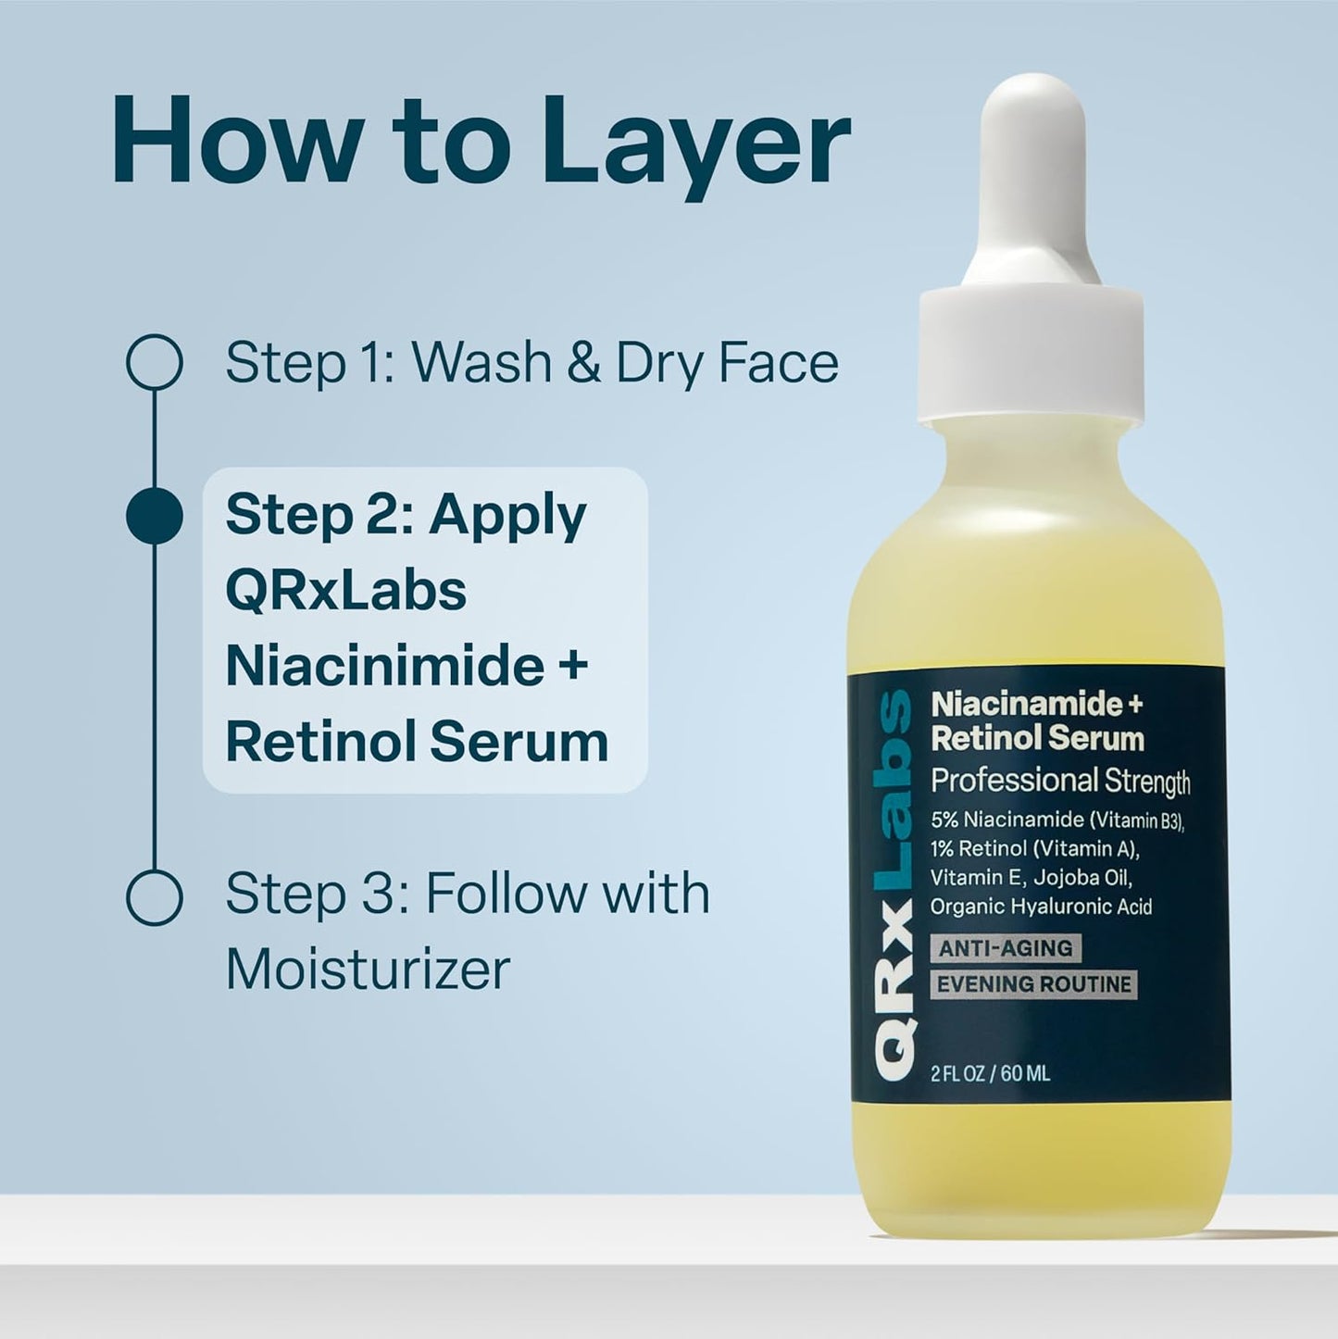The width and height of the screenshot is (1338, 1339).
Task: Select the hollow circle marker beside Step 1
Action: (x=154, y=362)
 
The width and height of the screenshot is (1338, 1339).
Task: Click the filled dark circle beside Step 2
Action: (x=154, y=515)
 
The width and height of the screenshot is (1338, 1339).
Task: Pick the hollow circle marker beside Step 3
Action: (x=154, y=896)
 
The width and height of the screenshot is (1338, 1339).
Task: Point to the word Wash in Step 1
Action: (x=481, y=362)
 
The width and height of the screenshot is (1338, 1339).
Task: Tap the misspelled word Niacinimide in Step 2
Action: (x=384, y=666)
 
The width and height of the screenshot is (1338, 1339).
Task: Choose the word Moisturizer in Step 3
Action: (x=368, y=970)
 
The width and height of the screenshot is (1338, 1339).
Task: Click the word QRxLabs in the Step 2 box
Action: (x=345, y=591)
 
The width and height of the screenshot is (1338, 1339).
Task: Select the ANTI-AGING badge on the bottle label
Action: (x=1005, y=948)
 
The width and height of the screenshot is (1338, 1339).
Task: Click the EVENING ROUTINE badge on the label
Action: (x=1033, y=984)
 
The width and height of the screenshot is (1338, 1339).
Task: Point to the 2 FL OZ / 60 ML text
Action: (x=990, y=1074)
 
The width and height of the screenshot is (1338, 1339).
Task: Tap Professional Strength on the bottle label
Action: (x=1060, y=782)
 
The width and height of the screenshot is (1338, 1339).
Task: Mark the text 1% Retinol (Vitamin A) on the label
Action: (x=1034, y=848)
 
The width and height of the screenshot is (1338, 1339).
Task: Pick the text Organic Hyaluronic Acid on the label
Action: (x=1041, y=907)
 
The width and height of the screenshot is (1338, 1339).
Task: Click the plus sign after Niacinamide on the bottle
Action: (x=1135, y=705)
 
